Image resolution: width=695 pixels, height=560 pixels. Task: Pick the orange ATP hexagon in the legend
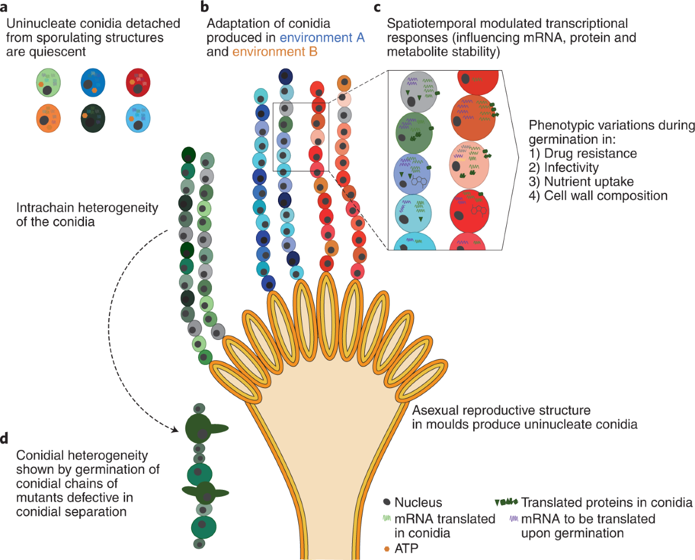(386, 546)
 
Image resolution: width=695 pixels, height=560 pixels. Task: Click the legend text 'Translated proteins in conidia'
(606, 502)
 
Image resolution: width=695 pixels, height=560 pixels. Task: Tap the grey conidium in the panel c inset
(422, 92)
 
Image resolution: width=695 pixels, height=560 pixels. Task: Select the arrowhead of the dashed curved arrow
(175, 430)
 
